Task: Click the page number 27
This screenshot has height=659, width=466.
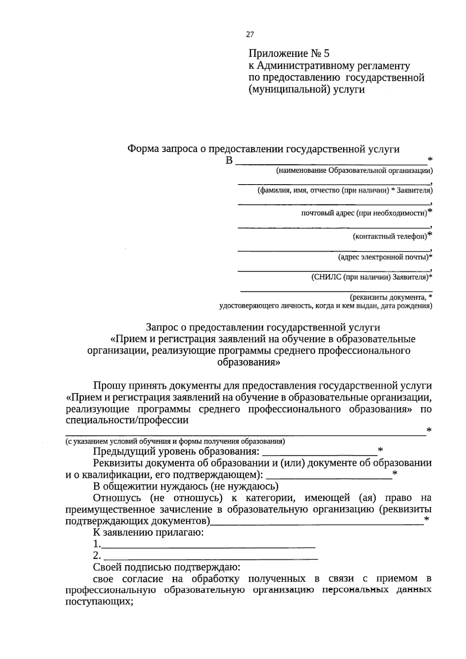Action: (250, 35)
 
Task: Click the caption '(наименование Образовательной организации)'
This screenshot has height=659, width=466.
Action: (354, 171)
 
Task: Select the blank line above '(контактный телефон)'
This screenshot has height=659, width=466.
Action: (334, 226)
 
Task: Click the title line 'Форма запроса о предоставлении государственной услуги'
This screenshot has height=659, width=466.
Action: (263, 149)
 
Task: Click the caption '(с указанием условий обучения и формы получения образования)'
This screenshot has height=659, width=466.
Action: (175, 441)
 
